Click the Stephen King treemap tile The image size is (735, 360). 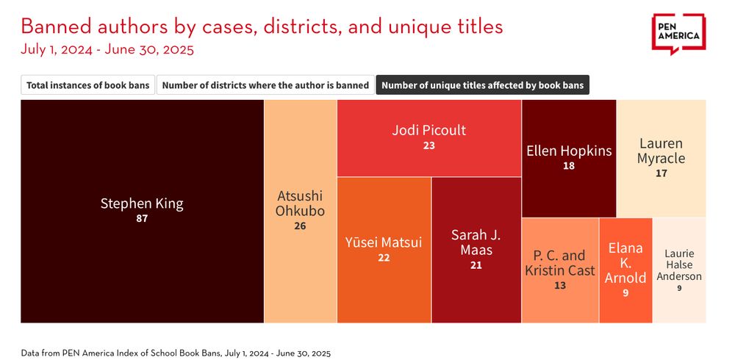coord(142,211)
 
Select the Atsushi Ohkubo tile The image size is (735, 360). coord(300,211)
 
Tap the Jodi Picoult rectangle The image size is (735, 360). coord(429,137)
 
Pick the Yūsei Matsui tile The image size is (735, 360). coord(384,250)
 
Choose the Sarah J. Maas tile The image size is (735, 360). coord(476,250)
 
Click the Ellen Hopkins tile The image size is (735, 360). coord(569,158)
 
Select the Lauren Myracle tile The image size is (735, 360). coord(661,158)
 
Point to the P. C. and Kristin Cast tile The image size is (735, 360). coord(560,270)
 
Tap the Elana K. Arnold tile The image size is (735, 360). coord(625,270)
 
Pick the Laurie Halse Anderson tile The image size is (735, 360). coord(679,270)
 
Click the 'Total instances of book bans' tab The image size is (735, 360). coord(87,85)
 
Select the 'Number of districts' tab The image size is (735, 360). coord(265,85)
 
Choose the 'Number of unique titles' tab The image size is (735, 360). coord(482,85)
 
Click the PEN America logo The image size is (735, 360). coord(678,34)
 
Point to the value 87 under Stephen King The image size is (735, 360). coord(142,218)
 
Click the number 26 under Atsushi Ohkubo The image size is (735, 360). coord(300,226)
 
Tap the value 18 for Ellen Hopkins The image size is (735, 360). coord(569,166)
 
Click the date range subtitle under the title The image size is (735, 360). coord(107,50)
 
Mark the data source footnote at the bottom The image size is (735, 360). coord(176,353)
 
